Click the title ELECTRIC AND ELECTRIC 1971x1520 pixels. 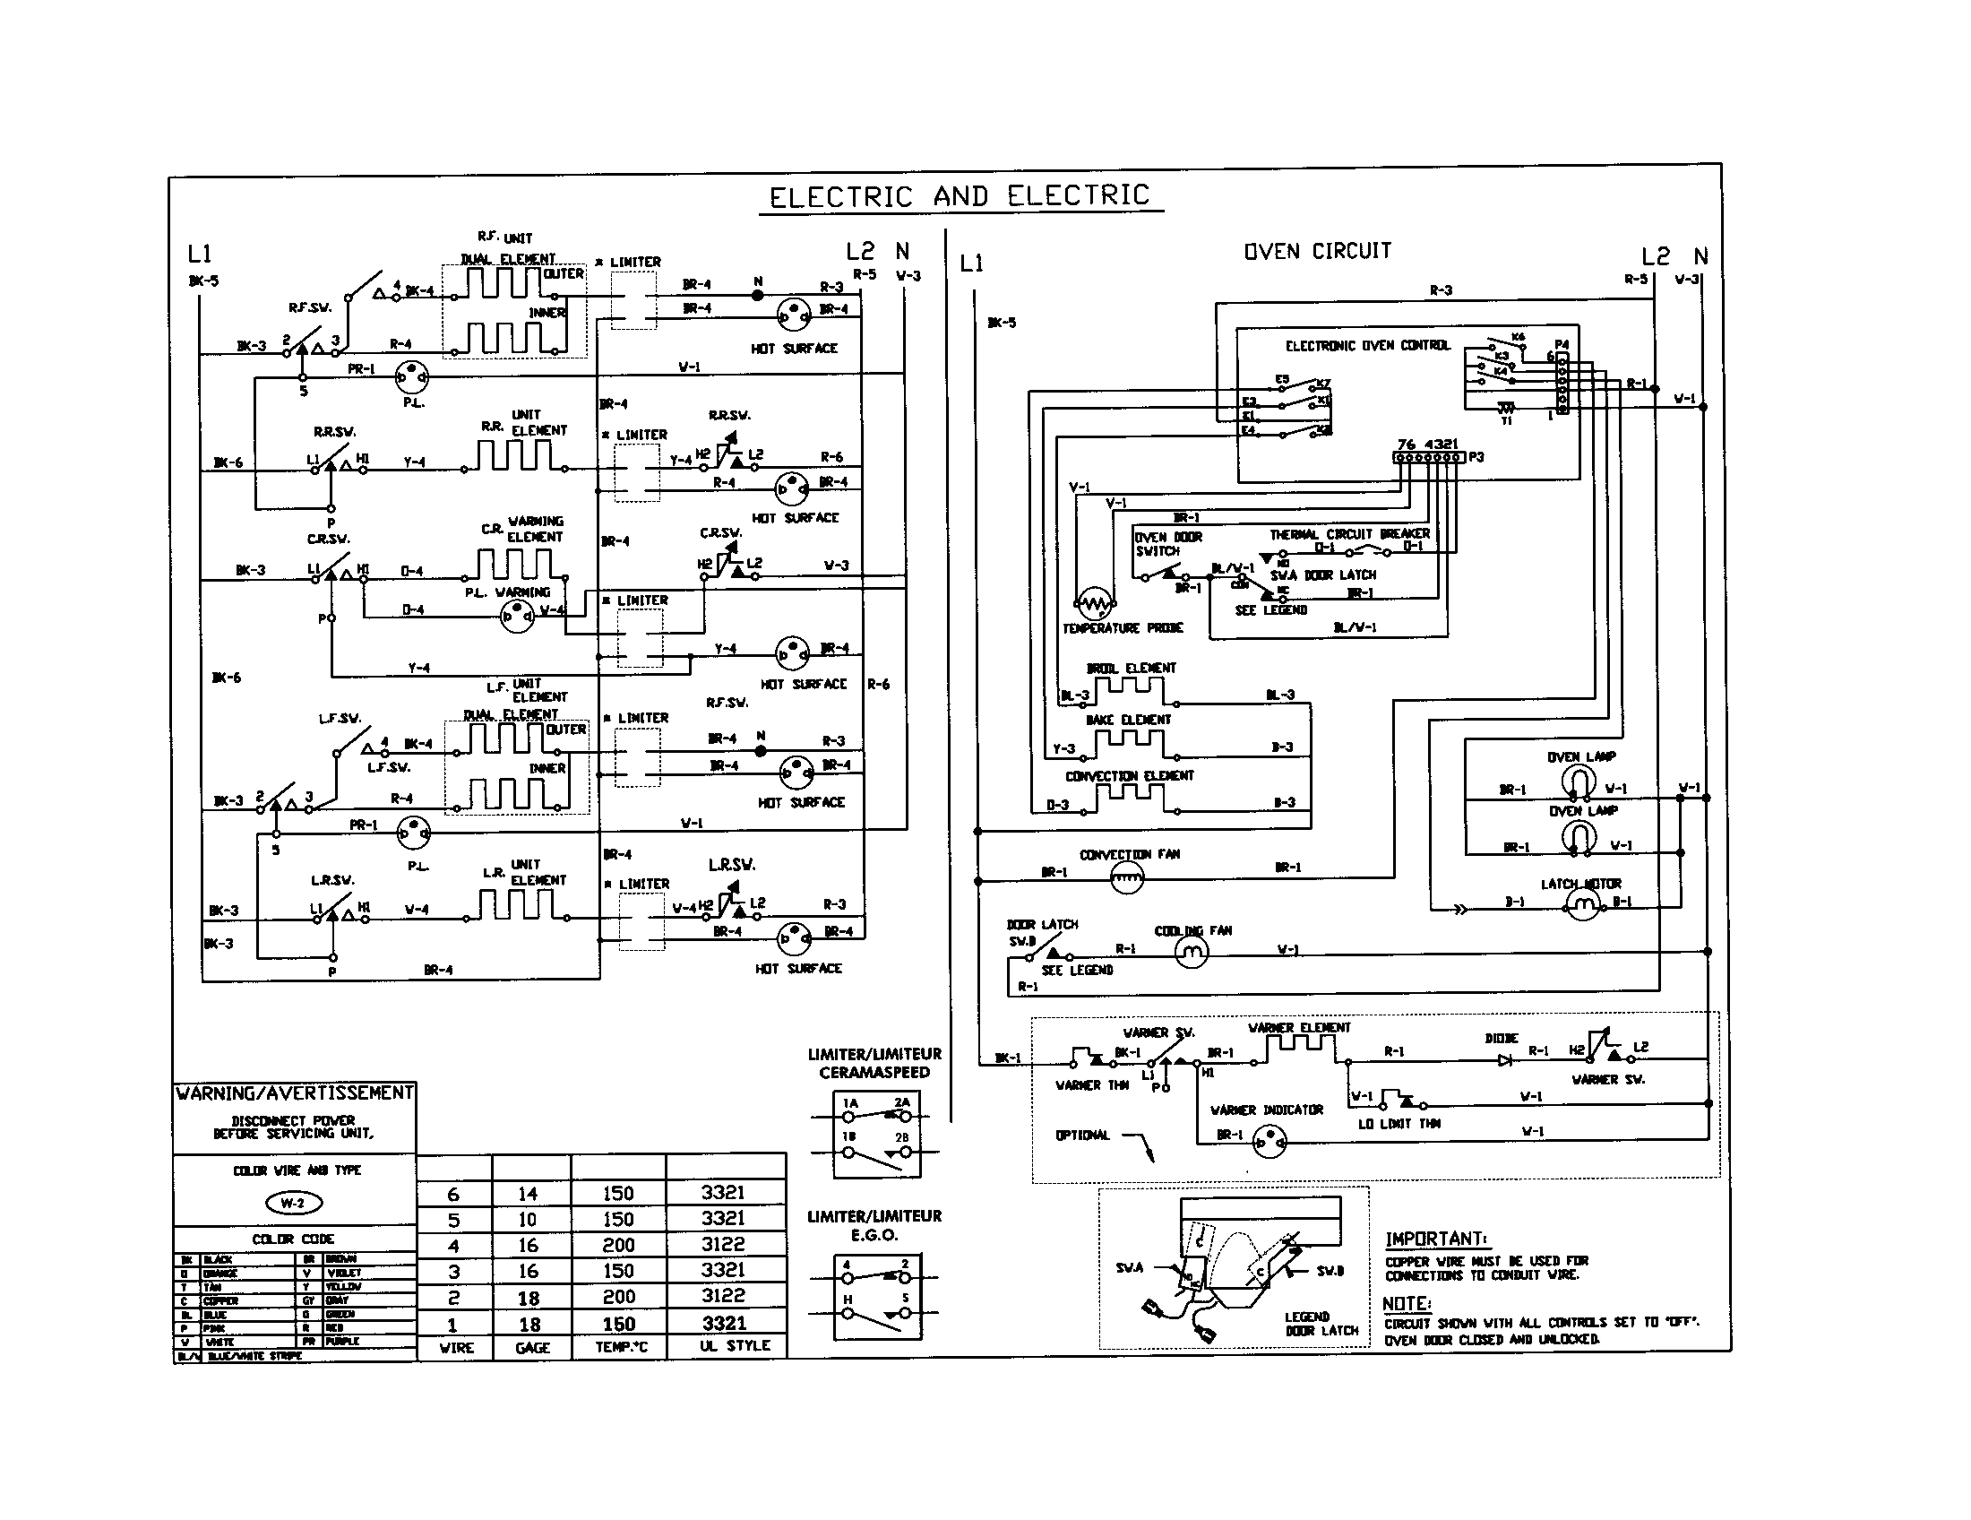pyautogui.click(x=960, y=196)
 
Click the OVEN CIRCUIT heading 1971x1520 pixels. pyautogui.click(x=1318, y=251)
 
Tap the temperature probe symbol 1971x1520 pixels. pyautogui.click(x=1095, y=602)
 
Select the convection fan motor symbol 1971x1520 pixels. pyautogui.click(x=1126, y=877)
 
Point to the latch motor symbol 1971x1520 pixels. pyautogui.click(x=1582, y=902)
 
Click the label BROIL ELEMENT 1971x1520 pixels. pyautogui.click(x=1131, y=668)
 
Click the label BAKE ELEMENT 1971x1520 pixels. pyautogui.click(x=1128, y=720)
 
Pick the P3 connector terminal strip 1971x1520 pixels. pyautogui.click(x=1428, y=458)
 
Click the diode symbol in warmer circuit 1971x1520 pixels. pyautogui.click(x=1505, y=1059)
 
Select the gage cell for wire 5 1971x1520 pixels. pyautogui.click(x=528, y=1220)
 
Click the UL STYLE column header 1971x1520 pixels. pyautogui.click(x=735, y=1346)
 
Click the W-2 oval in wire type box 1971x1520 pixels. pyautogui.click(x=293, y=1202)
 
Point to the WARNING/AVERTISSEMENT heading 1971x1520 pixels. pyautogui.click(x=294, y=1093)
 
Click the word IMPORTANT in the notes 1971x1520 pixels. pyautogui.click(x=1435, y=1239)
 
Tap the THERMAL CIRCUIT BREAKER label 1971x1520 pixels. pyautogui.click(x=1349, y=534)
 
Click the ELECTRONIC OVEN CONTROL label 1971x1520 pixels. pyautogui.click(x=1367, y=346)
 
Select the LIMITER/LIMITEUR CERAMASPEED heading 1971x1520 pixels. pyautogui.click(x=874, y=1063)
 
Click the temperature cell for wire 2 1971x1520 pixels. pyautogui.click(x=619, y=1297)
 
